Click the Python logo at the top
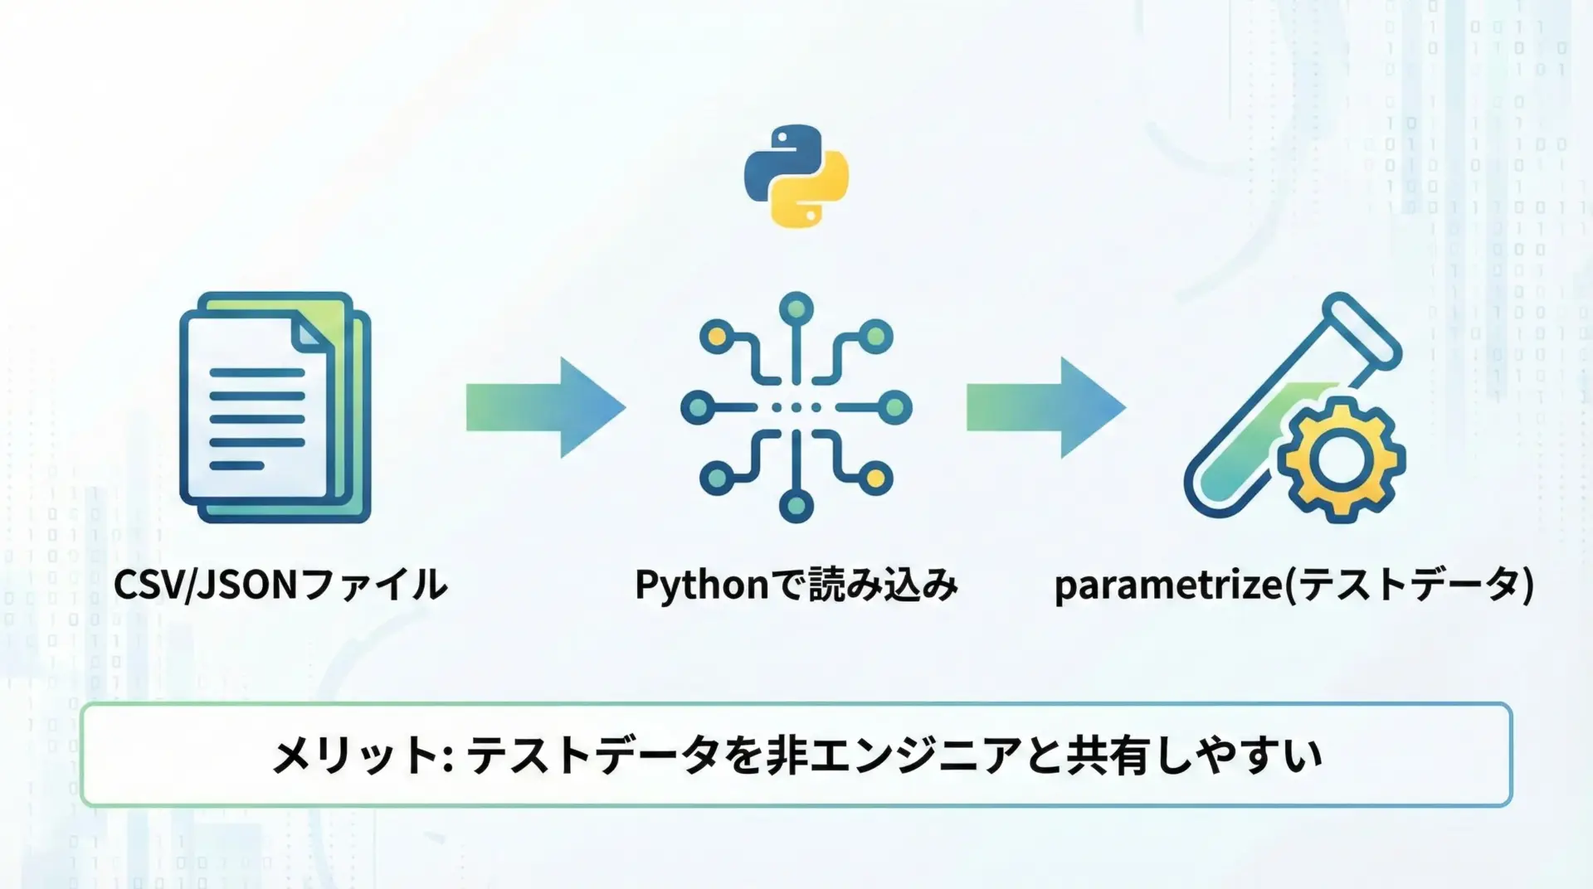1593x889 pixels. [796, 176]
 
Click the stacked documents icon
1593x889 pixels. [274, 407]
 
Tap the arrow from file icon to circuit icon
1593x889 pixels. [545, 407]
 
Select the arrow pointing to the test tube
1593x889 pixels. [1045, 407]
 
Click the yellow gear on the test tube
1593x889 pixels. [1340, 460]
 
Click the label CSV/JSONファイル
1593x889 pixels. [280, 585]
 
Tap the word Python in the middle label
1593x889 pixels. [702, 585]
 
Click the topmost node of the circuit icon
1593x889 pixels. [796, 308]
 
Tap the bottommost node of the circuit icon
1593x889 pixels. [796, 506]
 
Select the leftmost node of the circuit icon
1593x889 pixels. [697, 407]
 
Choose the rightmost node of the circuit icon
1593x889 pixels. [895, 407]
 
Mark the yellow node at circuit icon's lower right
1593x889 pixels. [875, 479]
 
